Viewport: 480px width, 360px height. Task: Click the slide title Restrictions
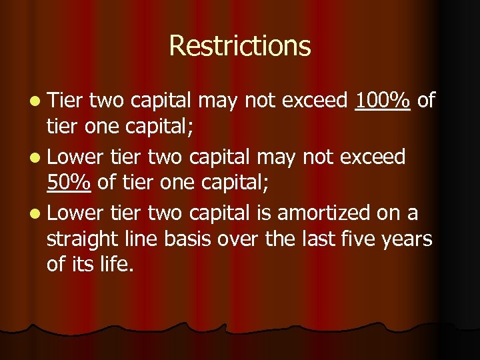(240, 46)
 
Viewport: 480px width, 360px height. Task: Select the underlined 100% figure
(383, 101)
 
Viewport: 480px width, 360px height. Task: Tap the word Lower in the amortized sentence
(75, 213)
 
